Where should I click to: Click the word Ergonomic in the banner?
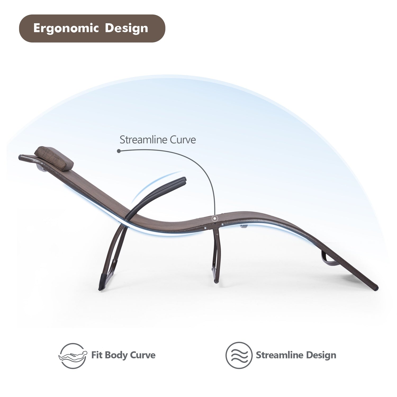click(x=66, y=29)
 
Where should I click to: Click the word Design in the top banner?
click(x=127, y=28)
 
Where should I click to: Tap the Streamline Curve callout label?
click(x=158, y=140)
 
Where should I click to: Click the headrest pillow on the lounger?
click(x=54, y=159)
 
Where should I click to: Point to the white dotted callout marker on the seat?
click(x=215, y=219)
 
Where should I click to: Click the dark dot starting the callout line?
click(x=119, y=151)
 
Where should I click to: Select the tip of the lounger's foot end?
click(x=377, y=288)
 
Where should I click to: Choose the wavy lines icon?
click(x=239, y=355)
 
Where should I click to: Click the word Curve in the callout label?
click(x=183, y=140)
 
